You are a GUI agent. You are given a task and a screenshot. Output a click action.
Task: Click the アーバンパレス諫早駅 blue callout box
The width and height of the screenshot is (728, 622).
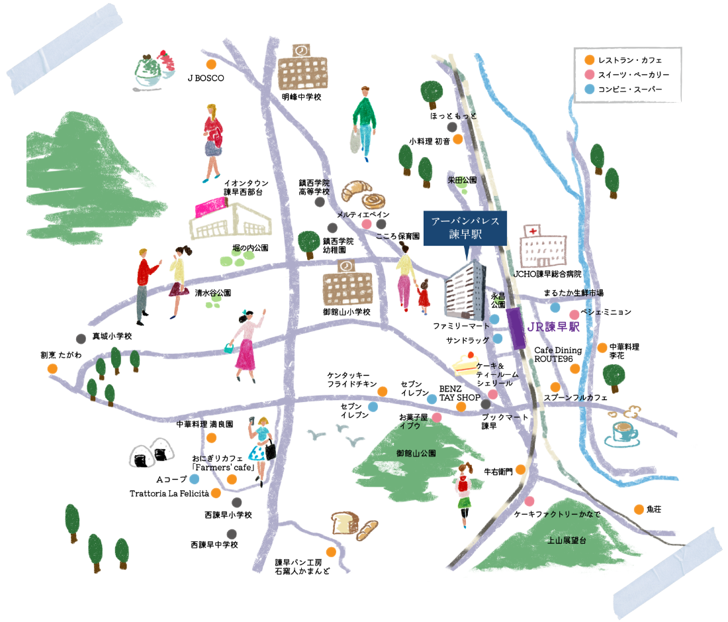pyautogui.click(x=465, y=229)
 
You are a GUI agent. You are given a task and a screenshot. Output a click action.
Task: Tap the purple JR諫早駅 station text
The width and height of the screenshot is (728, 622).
pyautogui.click(x=555, y=327)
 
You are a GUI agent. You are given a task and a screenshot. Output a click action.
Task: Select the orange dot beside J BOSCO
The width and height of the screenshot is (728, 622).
pyautogui.click(x=211, y=65)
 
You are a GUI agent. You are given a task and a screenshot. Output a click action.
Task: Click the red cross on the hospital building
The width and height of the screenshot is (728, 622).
pyautogui.click(x=531, y=231)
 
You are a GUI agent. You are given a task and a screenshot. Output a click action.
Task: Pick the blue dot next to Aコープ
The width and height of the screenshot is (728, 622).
pyautogui.click(x=195, y=479)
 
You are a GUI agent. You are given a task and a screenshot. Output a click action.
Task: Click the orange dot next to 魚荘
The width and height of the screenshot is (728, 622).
pyautogui.click(x=639, y=509)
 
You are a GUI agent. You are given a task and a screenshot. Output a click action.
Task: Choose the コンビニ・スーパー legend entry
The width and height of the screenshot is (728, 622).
pyautogui.click(x=629, y=89)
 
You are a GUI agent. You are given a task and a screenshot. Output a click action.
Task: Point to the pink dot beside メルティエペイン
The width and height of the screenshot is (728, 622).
pyautogui.click(x=366, y=225)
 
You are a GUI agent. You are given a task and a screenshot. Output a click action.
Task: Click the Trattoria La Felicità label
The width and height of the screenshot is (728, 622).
pyautogui.click(x=169, y=493)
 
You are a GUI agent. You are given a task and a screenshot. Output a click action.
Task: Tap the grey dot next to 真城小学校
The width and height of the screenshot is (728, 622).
pyautogui.click(x=81, y=337)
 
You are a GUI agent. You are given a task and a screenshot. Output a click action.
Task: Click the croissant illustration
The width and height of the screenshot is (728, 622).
pyautogui.click(x=359, y=189)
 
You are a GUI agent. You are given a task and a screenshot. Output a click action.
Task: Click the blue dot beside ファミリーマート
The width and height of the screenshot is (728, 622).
pyautogui.click(x=494, y=319)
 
